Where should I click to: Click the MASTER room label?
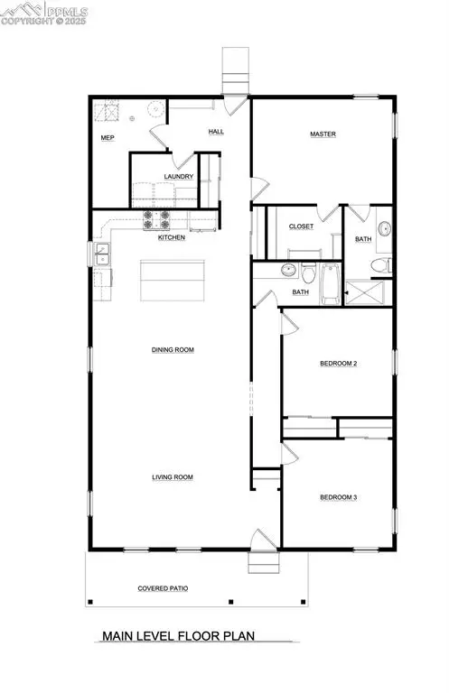tap(323, 134)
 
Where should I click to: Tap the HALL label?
tap(216, 132)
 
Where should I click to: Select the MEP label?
tap(107, 139)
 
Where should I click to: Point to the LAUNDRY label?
tap(178, 177)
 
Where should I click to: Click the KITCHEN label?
tap(172, 237)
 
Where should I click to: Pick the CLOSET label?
tap(301, 226)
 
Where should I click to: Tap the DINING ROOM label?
tap(173, 349)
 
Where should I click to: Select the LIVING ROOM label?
tap(173, 477)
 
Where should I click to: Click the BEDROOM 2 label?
tap(339, 364)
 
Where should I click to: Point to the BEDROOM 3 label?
tap(339, 497)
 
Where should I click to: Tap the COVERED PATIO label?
tap(163, 588)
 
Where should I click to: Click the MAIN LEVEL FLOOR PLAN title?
tap(179, 636)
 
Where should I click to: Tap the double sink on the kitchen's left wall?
tap(102, 256)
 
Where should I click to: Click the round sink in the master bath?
tap(383, 228)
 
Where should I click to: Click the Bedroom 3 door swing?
tap(292, 450)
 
